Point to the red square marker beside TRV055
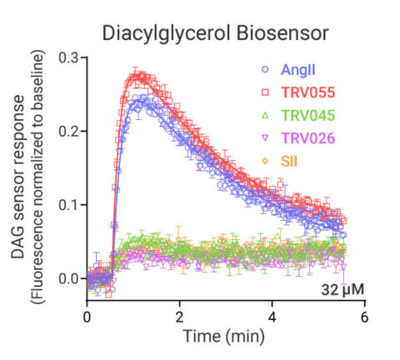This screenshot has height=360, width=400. tap(265, 92)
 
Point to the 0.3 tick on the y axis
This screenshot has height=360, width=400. tap(68, 58)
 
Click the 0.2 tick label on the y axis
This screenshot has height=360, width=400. tap(68, 132)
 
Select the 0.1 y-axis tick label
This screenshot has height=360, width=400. tap(68, 205)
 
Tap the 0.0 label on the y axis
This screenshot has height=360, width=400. tap(68, 278)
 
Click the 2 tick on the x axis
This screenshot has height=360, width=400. tap(179, 317)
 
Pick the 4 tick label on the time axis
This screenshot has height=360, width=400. tap(271, 317)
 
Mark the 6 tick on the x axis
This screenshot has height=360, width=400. tap(363, 317)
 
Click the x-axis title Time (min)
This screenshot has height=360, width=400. tap(225, 337)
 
